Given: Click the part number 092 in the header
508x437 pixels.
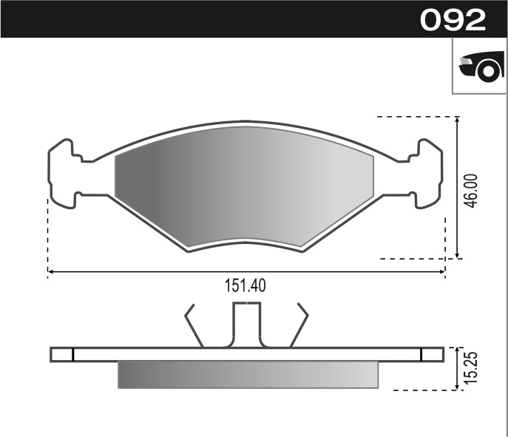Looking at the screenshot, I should pos(453,20).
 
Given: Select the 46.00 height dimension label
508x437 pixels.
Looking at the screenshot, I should pos(471,191).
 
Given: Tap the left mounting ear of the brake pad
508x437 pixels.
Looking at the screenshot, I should pos(62,173).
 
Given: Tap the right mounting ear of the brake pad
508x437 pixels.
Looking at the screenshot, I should pos(428,173).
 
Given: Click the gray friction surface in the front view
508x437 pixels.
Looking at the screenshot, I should pos(245,185).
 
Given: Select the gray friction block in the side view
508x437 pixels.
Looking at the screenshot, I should pos(248,374).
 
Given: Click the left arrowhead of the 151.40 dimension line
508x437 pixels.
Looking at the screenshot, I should pos(50,272).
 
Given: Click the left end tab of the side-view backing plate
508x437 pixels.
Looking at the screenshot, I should pos(62,354).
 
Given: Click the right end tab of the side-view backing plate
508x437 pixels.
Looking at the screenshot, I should pos(432,354).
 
